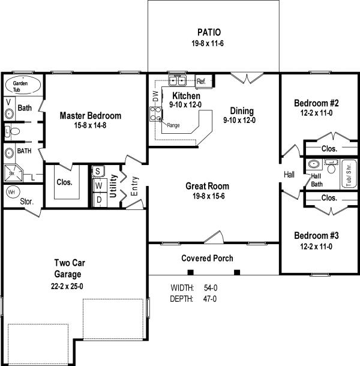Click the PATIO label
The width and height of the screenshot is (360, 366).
(x=209, y=32)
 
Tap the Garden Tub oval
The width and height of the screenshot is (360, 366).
(x=23, y=85)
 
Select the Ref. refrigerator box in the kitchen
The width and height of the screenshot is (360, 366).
(x=204, y=82)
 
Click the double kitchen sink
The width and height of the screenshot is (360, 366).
(x=178, y=81)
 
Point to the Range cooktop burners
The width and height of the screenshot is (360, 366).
(x=156, y=114)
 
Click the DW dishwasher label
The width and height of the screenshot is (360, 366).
(x=156, y=96)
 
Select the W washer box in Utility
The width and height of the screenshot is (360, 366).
(x=100, y=186)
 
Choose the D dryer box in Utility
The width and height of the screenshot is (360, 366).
(x=100, y=200)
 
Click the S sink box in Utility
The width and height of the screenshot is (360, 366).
(x=98, y=172)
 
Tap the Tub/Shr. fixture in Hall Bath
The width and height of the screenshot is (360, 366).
(x=349, y=174)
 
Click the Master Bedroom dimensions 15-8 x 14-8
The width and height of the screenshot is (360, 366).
(x=90, y=125)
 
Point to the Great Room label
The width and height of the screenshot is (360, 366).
(x=208, y=186)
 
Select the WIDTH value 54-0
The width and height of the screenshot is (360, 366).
(x=211, y=288)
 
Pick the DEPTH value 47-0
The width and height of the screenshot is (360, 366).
(x=210, y=299)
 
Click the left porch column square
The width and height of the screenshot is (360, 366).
(x=191, y=272)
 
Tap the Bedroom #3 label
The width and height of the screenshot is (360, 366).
(x=316, y=236)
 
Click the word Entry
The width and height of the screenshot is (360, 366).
(x=134, y=186)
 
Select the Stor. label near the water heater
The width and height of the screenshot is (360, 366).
(x=27, y=201)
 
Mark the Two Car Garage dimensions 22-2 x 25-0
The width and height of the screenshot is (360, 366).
(x=67, y=286)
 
